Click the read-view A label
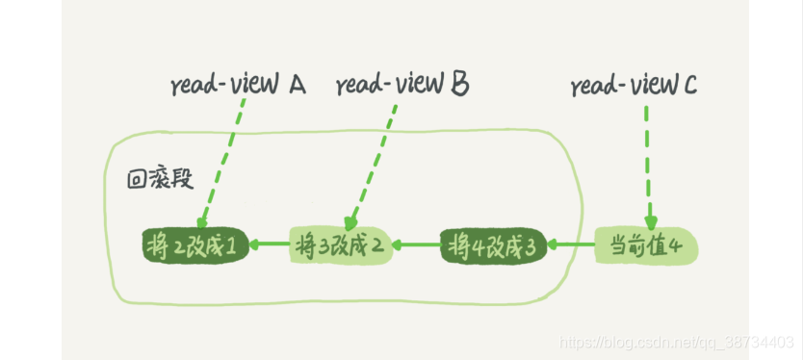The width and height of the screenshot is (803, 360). tap(238, 86)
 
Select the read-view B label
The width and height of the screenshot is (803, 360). tap(402, 86)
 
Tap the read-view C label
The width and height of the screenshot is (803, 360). tap(634, 86)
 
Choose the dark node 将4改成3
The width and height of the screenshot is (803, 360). tap(493, 244)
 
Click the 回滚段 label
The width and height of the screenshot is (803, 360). tap(157, 179)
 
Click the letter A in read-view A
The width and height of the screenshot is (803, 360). tap(297, 85)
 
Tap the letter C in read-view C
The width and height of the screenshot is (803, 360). tap(690, 86)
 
